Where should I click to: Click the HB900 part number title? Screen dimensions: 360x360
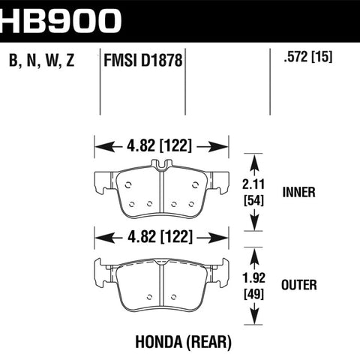[60, 21]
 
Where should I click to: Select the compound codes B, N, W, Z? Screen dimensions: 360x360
[42, 60]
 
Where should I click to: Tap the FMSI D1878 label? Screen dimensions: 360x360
[143, 61]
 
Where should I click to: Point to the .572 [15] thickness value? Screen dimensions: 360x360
[308, 57]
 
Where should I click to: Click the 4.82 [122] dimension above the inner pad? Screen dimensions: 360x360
[159, 145]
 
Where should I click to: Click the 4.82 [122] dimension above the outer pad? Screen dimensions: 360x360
[160, 237]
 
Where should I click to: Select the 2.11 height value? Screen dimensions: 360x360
[253, 184]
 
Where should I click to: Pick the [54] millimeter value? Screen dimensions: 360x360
[253, 200]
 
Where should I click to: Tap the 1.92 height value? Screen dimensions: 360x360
[254, 277]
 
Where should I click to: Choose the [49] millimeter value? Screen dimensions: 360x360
[254, 294]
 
